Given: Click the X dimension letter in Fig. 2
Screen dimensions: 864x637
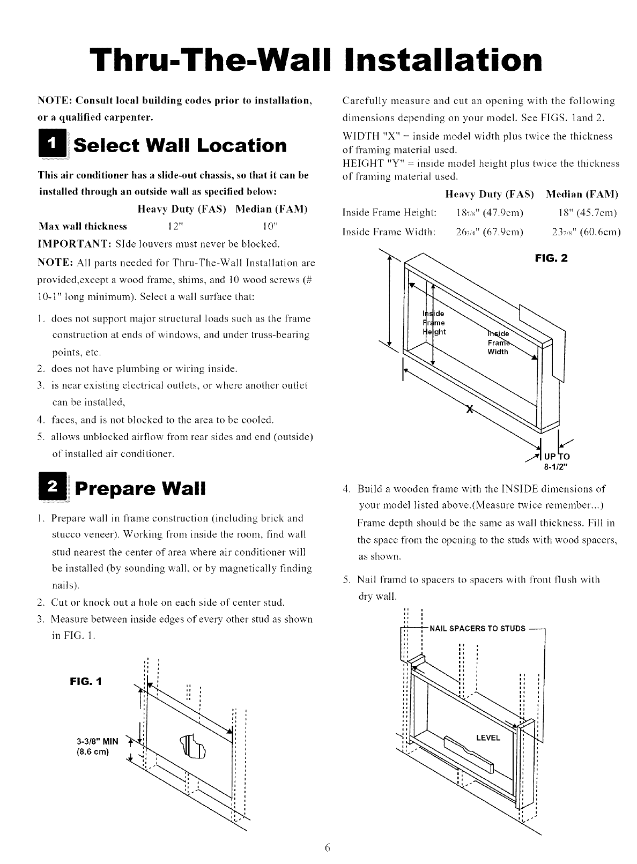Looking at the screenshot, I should point(469,410).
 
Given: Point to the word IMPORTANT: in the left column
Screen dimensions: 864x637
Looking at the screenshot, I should point(66,244).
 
